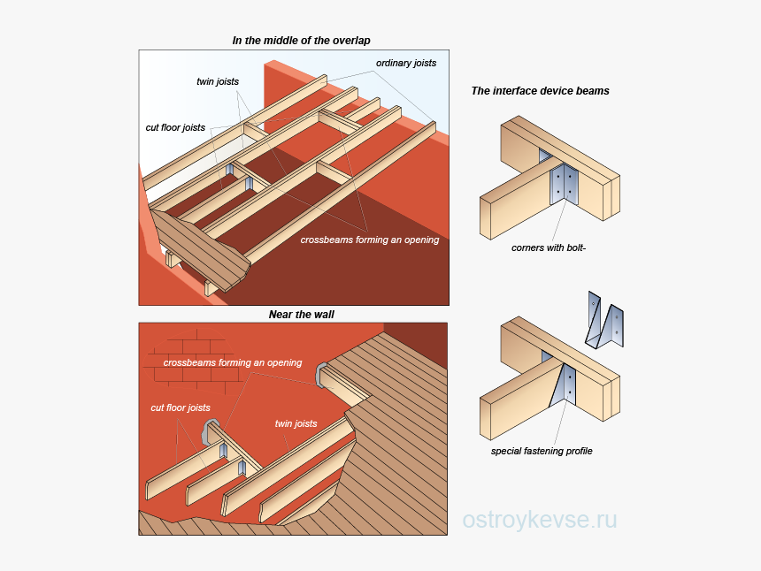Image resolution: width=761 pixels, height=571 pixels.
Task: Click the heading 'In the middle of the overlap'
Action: [x=301, y=41]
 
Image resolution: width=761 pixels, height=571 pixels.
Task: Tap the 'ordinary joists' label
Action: [x=406, y=64]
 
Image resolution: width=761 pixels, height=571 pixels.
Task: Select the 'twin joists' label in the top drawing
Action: [x=218, y=81]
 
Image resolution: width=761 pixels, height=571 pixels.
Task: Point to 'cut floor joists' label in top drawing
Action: [x=175, y=127]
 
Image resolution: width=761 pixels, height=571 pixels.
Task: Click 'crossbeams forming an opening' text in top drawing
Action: [x=369, y=240]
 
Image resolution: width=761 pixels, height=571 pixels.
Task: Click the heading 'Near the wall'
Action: [x=301, y=315]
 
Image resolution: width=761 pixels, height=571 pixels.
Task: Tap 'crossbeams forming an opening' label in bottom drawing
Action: [x=233, y=362]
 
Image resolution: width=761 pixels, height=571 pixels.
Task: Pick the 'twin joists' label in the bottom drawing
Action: [x=296, y=423]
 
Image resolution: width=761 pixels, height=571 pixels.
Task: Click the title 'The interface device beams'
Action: [x=540, y=91]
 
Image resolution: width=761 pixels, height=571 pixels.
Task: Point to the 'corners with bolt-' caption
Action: [x=549, y=247]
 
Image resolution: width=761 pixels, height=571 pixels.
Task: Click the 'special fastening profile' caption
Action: [x=542, y=451]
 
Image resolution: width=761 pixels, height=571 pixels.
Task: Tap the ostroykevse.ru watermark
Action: [x=540, y=520]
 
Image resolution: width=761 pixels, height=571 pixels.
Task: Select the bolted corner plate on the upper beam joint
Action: [x=565, y=185]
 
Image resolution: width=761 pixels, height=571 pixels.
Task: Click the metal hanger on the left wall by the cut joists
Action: [x=211, y=431]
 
